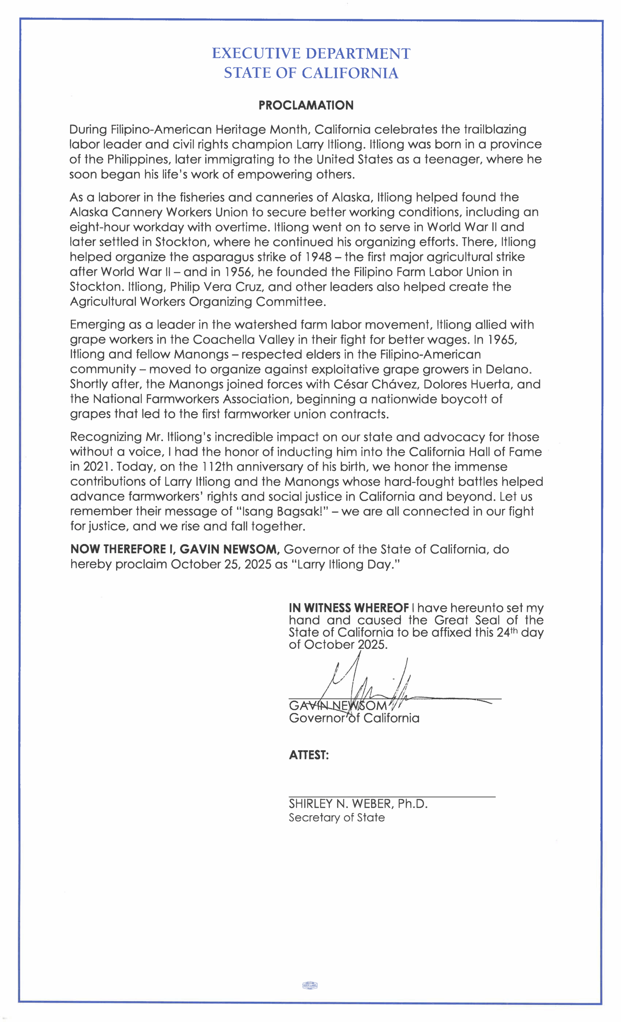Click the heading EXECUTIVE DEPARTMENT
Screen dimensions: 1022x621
click(x=311, y=53)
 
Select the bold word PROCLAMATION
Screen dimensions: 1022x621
click(x=306, y=105)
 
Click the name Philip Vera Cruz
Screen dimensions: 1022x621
click(x=216, y=287)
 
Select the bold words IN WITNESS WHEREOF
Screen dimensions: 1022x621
click(x=349, y=608)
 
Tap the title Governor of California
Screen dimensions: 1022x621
click(x=354, y=718)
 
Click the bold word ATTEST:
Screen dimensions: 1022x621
click(x=309, y=755)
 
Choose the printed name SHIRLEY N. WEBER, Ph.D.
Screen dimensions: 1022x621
click(x=358, y=804)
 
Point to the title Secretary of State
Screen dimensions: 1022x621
click(x=336, y=818)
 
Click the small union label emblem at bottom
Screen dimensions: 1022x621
click(x=310, y=986)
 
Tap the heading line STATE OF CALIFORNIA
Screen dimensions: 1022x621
click(x=311, y=73)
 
